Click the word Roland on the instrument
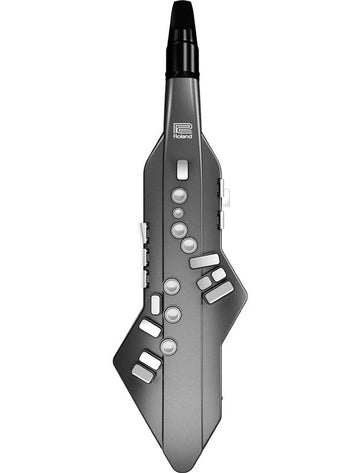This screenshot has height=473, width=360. [182, 139]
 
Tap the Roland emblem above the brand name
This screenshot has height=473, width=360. [182, 127]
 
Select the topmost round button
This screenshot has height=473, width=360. [179, 196]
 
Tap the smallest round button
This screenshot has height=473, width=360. [178, 213]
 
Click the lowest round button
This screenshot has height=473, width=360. [168, 347]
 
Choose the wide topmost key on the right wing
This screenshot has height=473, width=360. [204, 260]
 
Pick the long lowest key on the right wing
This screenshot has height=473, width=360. [219, 292]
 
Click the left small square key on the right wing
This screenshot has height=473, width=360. [204, 282]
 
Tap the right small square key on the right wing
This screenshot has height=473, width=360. [218, 274]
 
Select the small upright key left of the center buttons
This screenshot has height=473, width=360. [155, 304]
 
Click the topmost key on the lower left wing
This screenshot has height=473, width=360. [150, 327]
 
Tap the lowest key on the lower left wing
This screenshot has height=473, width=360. [142, 373]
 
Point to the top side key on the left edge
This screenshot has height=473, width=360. [142, 231]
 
